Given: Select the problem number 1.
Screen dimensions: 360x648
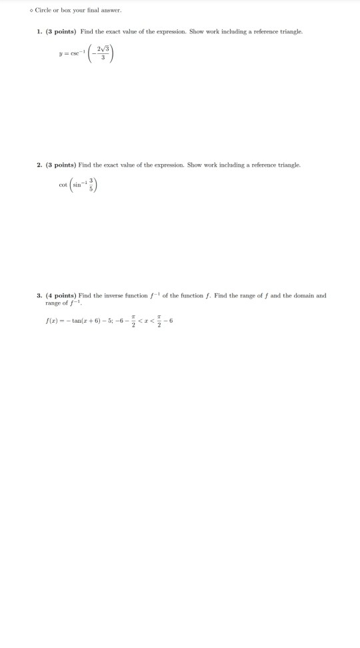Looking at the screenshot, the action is [x=39, y=31].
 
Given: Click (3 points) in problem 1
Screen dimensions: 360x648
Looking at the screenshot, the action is [x=59, y=31].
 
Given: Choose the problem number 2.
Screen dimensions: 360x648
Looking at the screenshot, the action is [x=39, y=165].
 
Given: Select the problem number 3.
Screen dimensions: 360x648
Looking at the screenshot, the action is [x=39, y=295].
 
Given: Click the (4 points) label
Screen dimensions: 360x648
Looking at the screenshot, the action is [x=60, y=295].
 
